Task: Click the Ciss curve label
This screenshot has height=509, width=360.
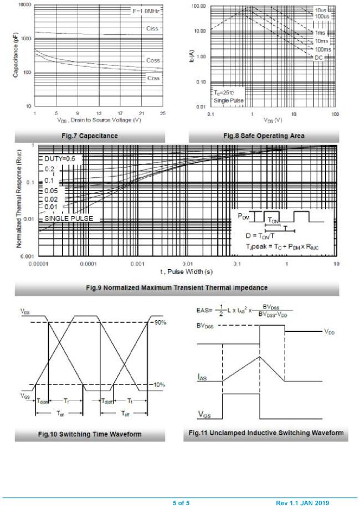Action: (x=153, y=28)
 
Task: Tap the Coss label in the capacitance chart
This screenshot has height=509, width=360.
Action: (x=153, y=60)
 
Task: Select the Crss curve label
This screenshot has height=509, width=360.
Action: (x=153, y=78)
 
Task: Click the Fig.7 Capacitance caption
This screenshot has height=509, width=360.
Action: (x=90, y=136)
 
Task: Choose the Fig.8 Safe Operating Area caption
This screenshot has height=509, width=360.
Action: (x=264, y=136)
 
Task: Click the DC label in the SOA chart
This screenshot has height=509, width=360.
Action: (x=318, y=58)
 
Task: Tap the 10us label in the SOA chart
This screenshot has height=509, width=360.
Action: (x=321, y=11)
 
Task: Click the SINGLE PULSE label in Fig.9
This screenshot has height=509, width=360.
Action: (x=69, y=219)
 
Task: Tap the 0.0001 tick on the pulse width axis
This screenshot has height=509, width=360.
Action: (x=88, y=264)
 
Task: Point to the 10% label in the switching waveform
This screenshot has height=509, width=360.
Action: (x=160, y=384)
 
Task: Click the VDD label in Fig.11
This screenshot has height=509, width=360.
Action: (x=330, y=332)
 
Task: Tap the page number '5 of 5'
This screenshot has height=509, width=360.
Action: (x=181, y=503)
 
